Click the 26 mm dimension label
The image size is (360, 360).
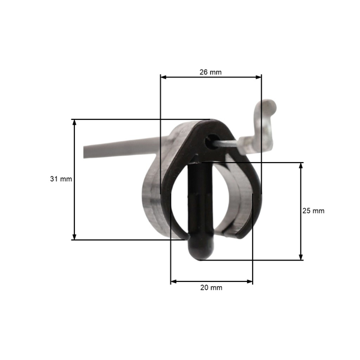[x=211, y=72]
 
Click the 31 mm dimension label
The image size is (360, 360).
[x=61, y=179]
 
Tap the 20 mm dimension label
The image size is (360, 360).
[x=211, y=288]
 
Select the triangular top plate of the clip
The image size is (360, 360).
[x=192, y=141]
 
